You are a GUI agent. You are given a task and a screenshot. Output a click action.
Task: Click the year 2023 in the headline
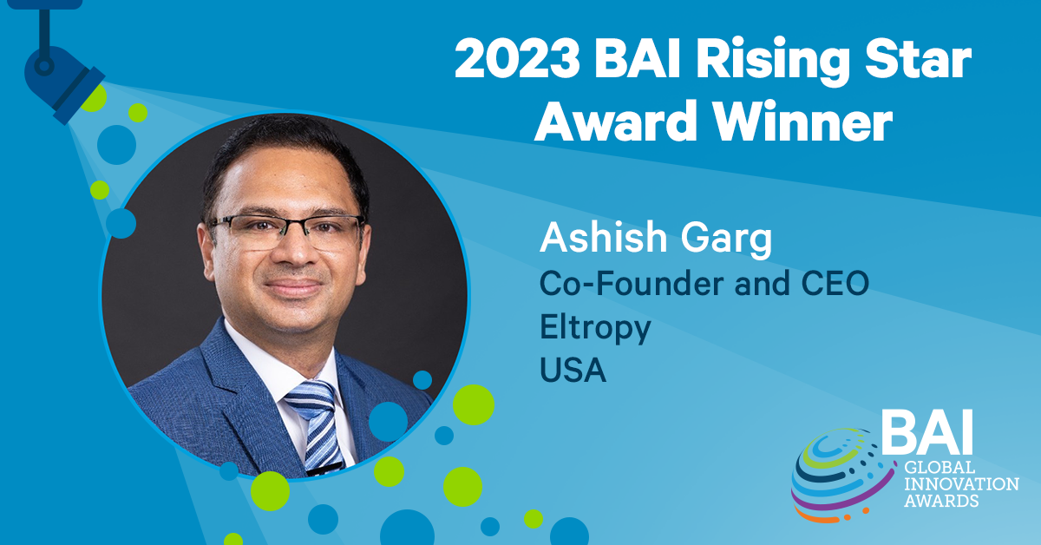(518, 60)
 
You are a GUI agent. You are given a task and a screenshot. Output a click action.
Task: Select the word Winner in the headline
(802, 121)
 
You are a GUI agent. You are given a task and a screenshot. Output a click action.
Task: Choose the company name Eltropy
(595, 328)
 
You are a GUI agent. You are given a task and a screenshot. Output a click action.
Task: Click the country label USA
(573, 370)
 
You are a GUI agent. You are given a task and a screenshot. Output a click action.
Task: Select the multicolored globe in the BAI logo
(841, 476)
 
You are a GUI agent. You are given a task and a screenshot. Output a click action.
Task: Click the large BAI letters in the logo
(927, 432)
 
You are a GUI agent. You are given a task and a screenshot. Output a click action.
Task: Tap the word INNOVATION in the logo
(961, 484)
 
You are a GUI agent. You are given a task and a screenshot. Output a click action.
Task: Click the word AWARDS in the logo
(941, 501)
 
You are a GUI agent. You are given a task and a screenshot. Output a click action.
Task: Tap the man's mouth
(294, 287)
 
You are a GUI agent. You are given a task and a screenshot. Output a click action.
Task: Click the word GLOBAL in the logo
(939, 468)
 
